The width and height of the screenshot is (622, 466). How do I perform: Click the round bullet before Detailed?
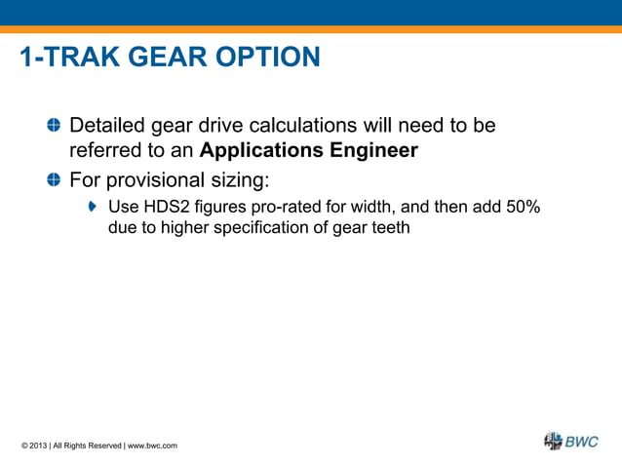(54, 126)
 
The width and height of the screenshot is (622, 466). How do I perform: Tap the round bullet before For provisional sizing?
(54, 179)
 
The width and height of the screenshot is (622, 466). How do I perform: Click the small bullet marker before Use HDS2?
(94, 207)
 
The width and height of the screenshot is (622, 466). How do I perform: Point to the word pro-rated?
(291, 207)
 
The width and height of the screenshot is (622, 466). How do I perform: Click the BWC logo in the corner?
(570, 442)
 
